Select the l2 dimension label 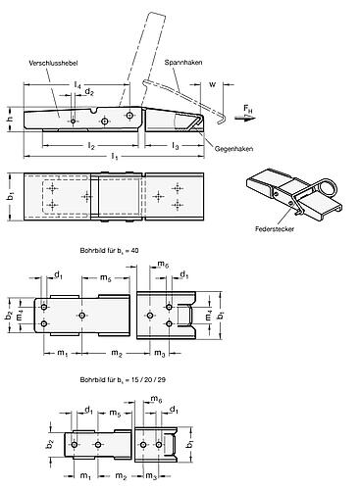(x=89, y=145)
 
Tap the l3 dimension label (x=175, y=145)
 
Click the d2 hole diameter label (x=90, y=91)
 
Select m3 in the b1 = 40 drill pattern (x=157, y=352)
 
